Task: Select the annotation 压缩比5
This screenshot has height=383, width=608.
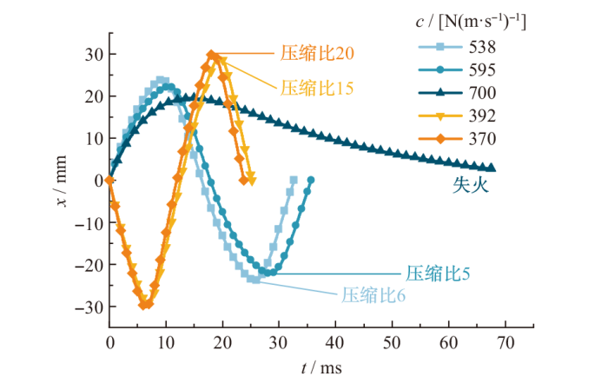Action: (438, 274)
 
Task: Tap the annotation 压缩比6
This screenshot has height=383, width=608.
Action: (373, 294)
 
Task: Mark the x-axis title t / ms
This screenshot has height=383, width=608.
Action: (321, 367)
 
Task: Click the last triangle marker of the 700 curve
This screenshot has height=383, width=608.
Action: (492, 168)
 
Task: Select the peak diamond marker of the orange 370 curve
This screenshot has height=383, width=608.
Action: (212, 55)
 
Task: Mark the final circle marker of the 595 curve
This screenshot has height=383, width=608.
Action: (311, 180)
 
